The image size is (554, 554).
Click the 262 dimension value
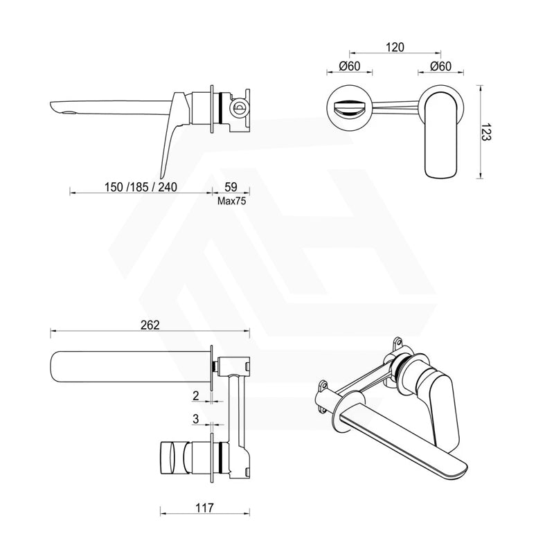[150, 325]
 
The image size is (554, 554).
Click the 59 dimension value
[231, 187]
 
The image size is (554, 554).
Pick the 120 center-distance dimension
[394, 47]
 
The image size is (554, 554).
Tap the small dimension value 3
[197, 420]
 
